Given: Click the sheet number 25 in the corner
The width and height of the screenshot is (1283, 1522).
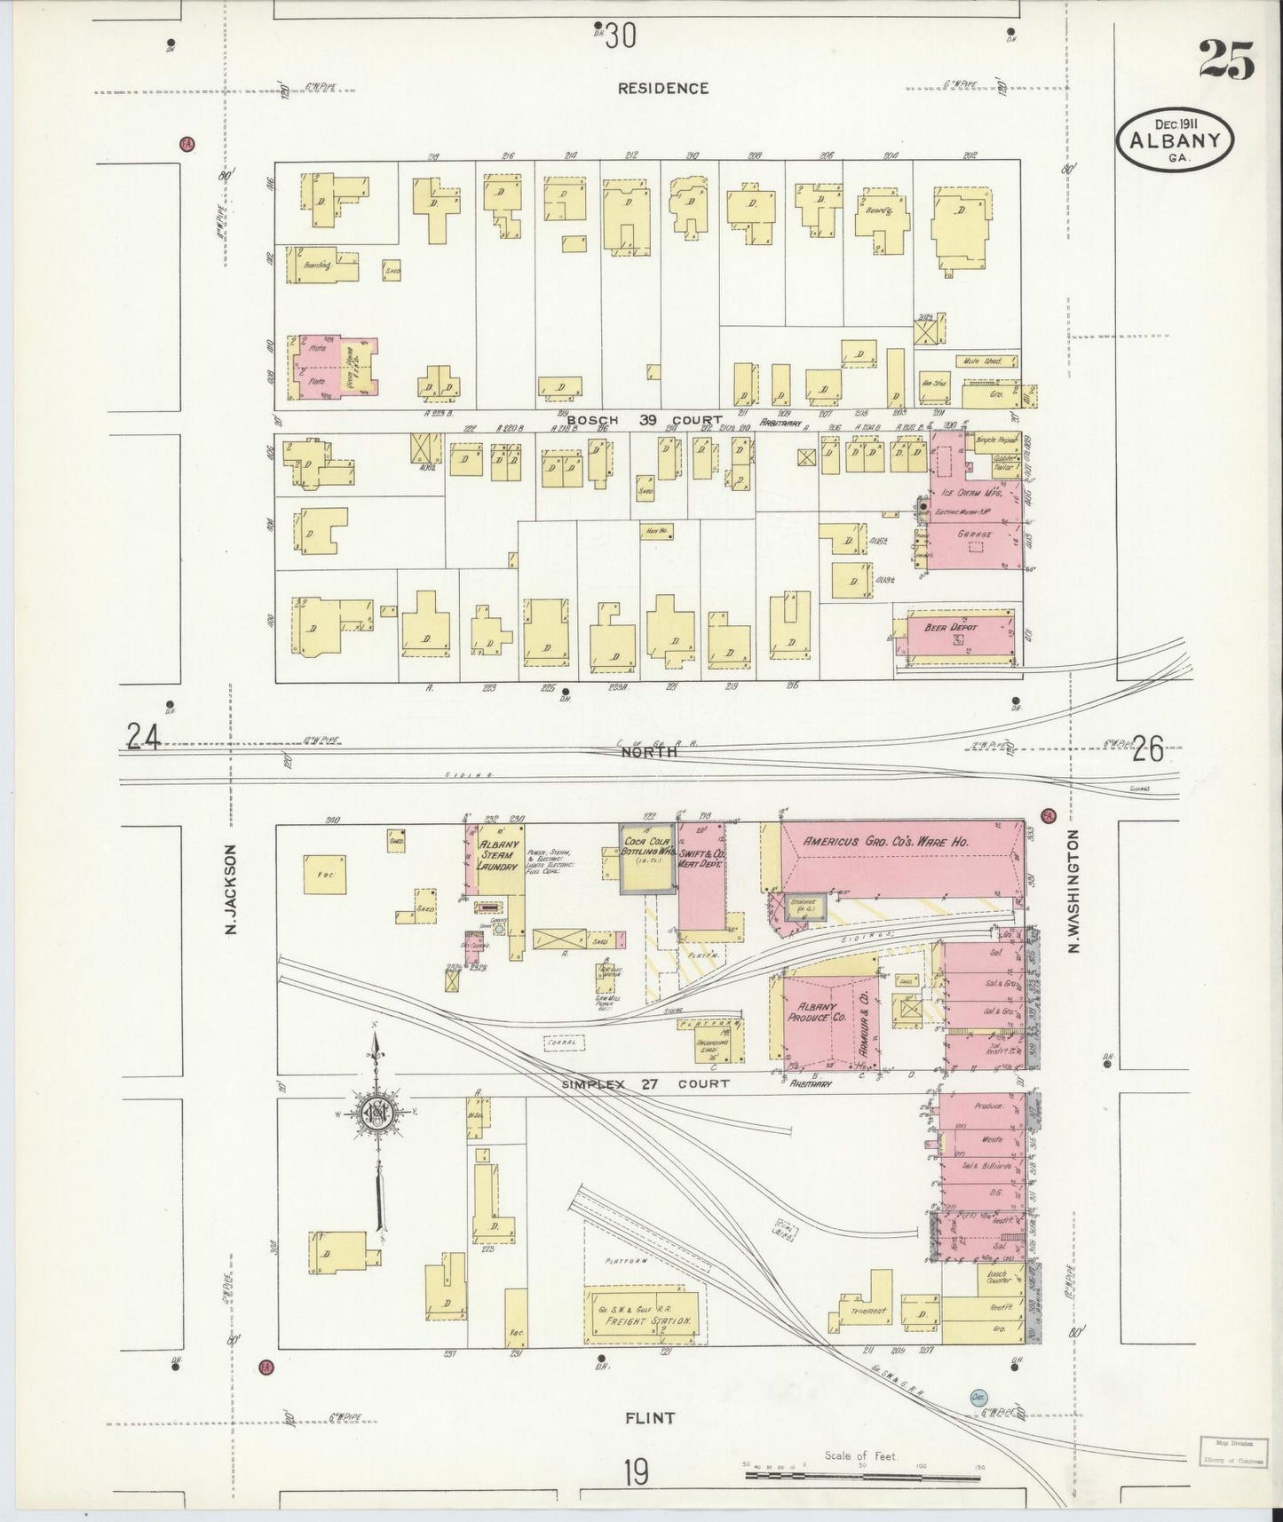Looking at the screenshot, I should pyautogui.click(x=1227, y=60).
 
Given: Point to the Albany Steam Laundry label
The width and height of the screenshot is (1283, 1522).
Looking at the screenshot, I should pyautogui.click(x=497, y=853).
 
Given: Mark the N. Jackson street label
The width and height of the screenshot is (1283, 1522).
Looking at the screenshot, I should pyautogui.click(x=232, y=889).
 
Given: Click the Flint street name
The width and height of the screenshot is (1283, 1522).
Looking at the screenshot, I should pyautogui.click(x=651, y=1417).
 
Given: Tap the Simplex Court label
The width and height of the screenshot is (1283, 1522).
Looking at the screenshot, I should pyautogui.click(x=645, y=1083).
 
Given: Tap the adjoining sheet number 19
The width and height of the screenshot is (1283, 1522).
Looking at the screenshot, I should pyautogui.click(x=635, y=1473).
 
